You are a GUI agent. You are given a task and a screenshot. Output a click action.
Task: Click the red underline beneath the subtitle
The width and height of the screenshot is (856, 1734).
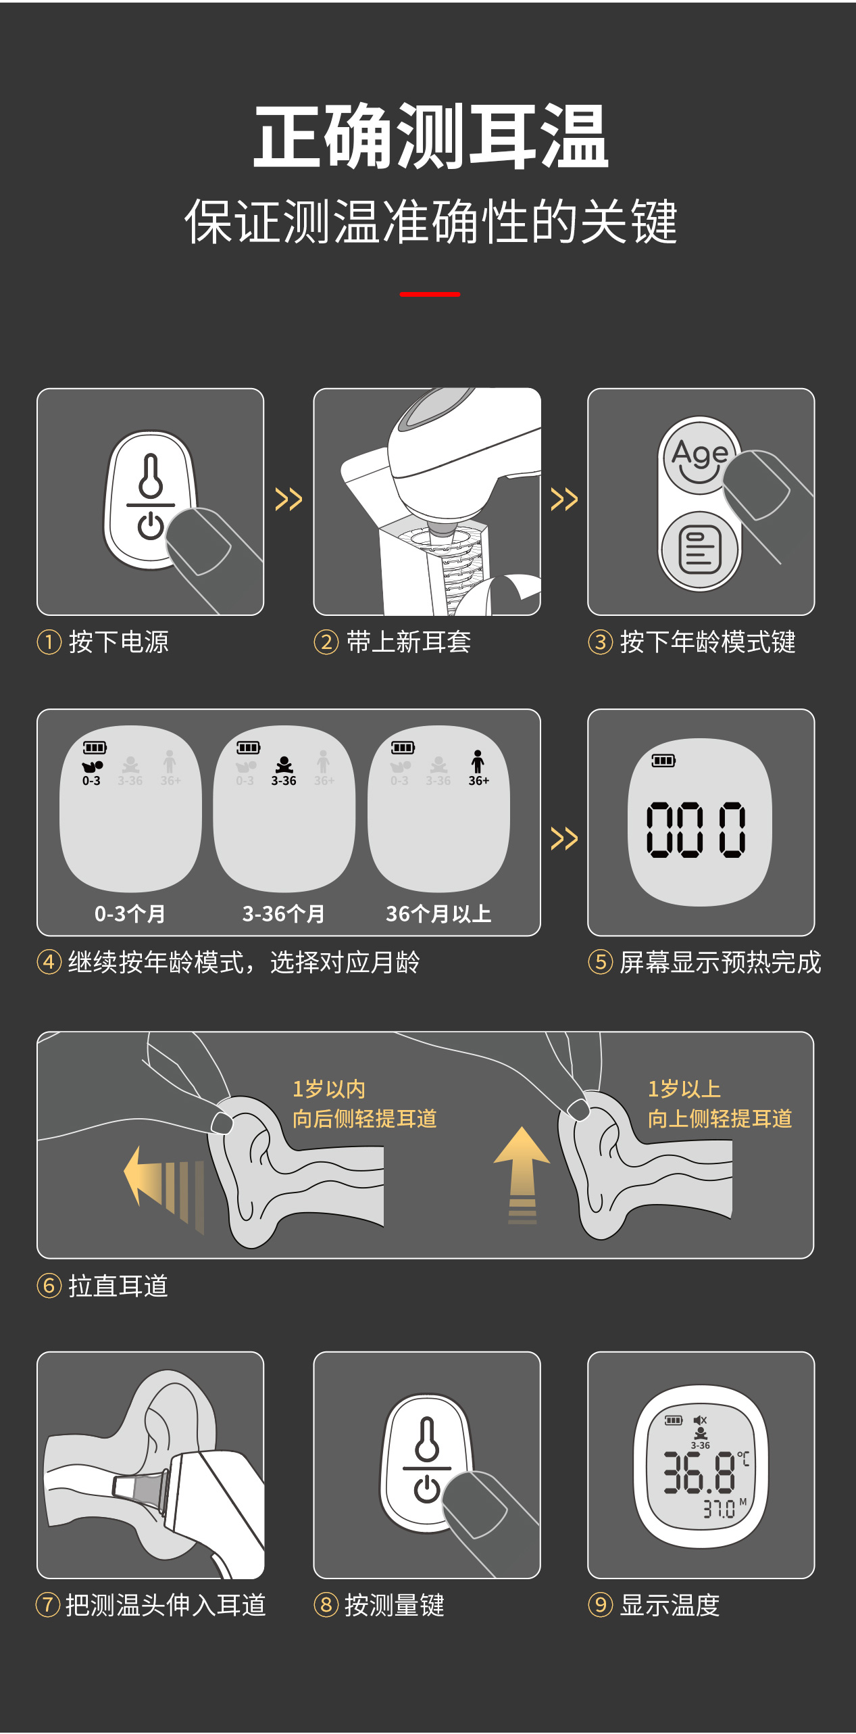(x=430, y=294)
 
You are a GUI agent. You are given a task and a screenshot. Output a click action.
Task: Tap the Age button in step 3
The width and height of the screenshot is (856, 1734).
(x=699, y=455)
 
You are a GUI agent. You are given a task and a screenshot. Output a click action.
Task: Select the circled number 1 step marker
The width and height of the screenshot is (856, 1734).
(x=49, y=642)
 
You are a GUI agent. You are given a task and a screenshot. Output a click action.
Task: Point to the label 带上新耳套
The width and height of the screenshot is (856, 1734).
(x=409, y=642)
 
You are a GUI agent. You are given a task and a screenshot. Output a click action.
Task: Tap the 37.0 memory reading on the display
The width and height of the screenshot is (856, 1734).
(x=719, y=1509)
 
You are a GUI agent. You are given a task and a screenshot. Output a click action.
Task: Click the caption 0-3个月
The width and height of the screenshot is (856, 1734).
(x=130, y=914)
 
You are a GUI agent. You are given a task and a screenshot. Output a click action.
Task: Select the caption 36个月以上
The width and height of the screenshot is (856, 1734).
(x=438, y=914)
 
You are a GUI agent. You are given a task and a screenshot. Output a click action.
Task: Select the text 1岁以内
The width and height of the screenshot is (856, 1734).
(x=329, y=1089)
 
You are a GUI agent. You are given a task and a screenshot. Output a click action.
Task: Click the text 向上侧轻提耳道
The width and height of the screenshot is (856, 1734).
(x=720, y=1119)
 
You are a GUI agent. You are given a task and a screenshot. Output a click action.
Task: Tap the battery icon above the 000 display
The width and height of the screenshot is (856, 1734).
(x=663, y=761)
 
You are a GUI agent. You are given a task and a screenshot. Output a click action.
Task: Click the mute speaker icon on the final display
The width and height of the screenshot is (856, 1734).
(x=700, y=1420)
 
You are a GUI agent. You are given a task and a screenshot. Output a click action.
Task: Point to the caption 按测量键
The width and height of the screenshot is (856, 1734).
(x=395, y=1605)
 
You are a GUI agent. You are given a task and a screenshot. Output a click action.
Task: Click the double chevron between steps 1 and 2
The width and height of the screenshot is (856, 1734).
(x=288, y=500)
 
